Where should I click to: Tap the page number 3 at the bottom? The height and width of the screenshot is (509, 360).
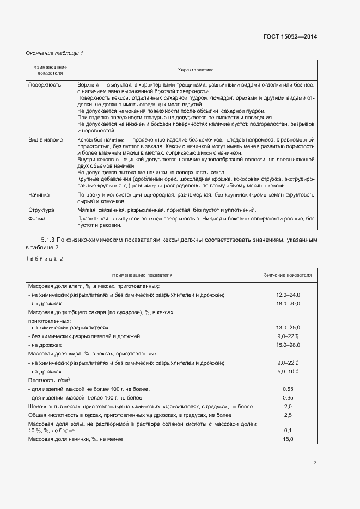(315, 463)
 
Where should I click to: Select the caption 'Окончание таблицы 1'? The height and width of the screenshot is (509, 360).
(54, 53)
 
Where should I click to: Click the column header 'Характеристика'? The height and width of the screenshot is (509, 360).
(196, 70)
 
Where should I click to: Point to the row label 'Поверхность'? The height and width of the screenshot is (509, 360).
(45, 85)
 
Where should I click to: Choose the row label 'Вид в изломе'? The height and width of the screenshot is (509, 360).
(46, 140)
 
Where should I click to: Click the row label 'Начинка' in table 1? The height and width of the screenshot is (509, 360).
(39, 194)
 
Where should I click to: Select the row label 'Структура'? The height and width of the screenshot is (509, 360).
(42, 210)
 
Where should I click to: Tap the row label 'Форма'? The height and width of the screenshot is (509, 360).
(38, 219)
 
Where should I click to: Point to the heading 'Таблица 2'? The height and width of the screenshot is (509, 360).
(44, 259)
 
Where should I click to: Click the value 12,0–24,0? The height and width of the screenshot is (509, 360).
(288, 295)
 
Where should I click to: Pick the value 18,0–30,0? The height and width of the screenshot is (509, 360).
(288, 303)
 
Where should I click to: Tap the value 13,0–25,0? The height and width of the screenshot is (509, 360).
(288, 328)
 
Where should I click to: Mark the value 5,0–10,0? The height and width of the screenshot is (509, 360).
(288, 371)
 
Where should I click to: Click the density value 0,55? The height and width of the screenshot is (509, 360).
(288, 389)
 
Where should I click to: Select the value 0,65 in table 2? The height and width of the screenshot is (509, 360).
(288, 397)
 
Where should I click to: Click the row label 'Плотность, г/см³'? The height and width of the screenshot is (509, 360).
(50, 380)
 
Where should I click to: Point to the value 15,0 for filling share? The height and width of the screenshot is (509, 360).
(288, 439)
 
